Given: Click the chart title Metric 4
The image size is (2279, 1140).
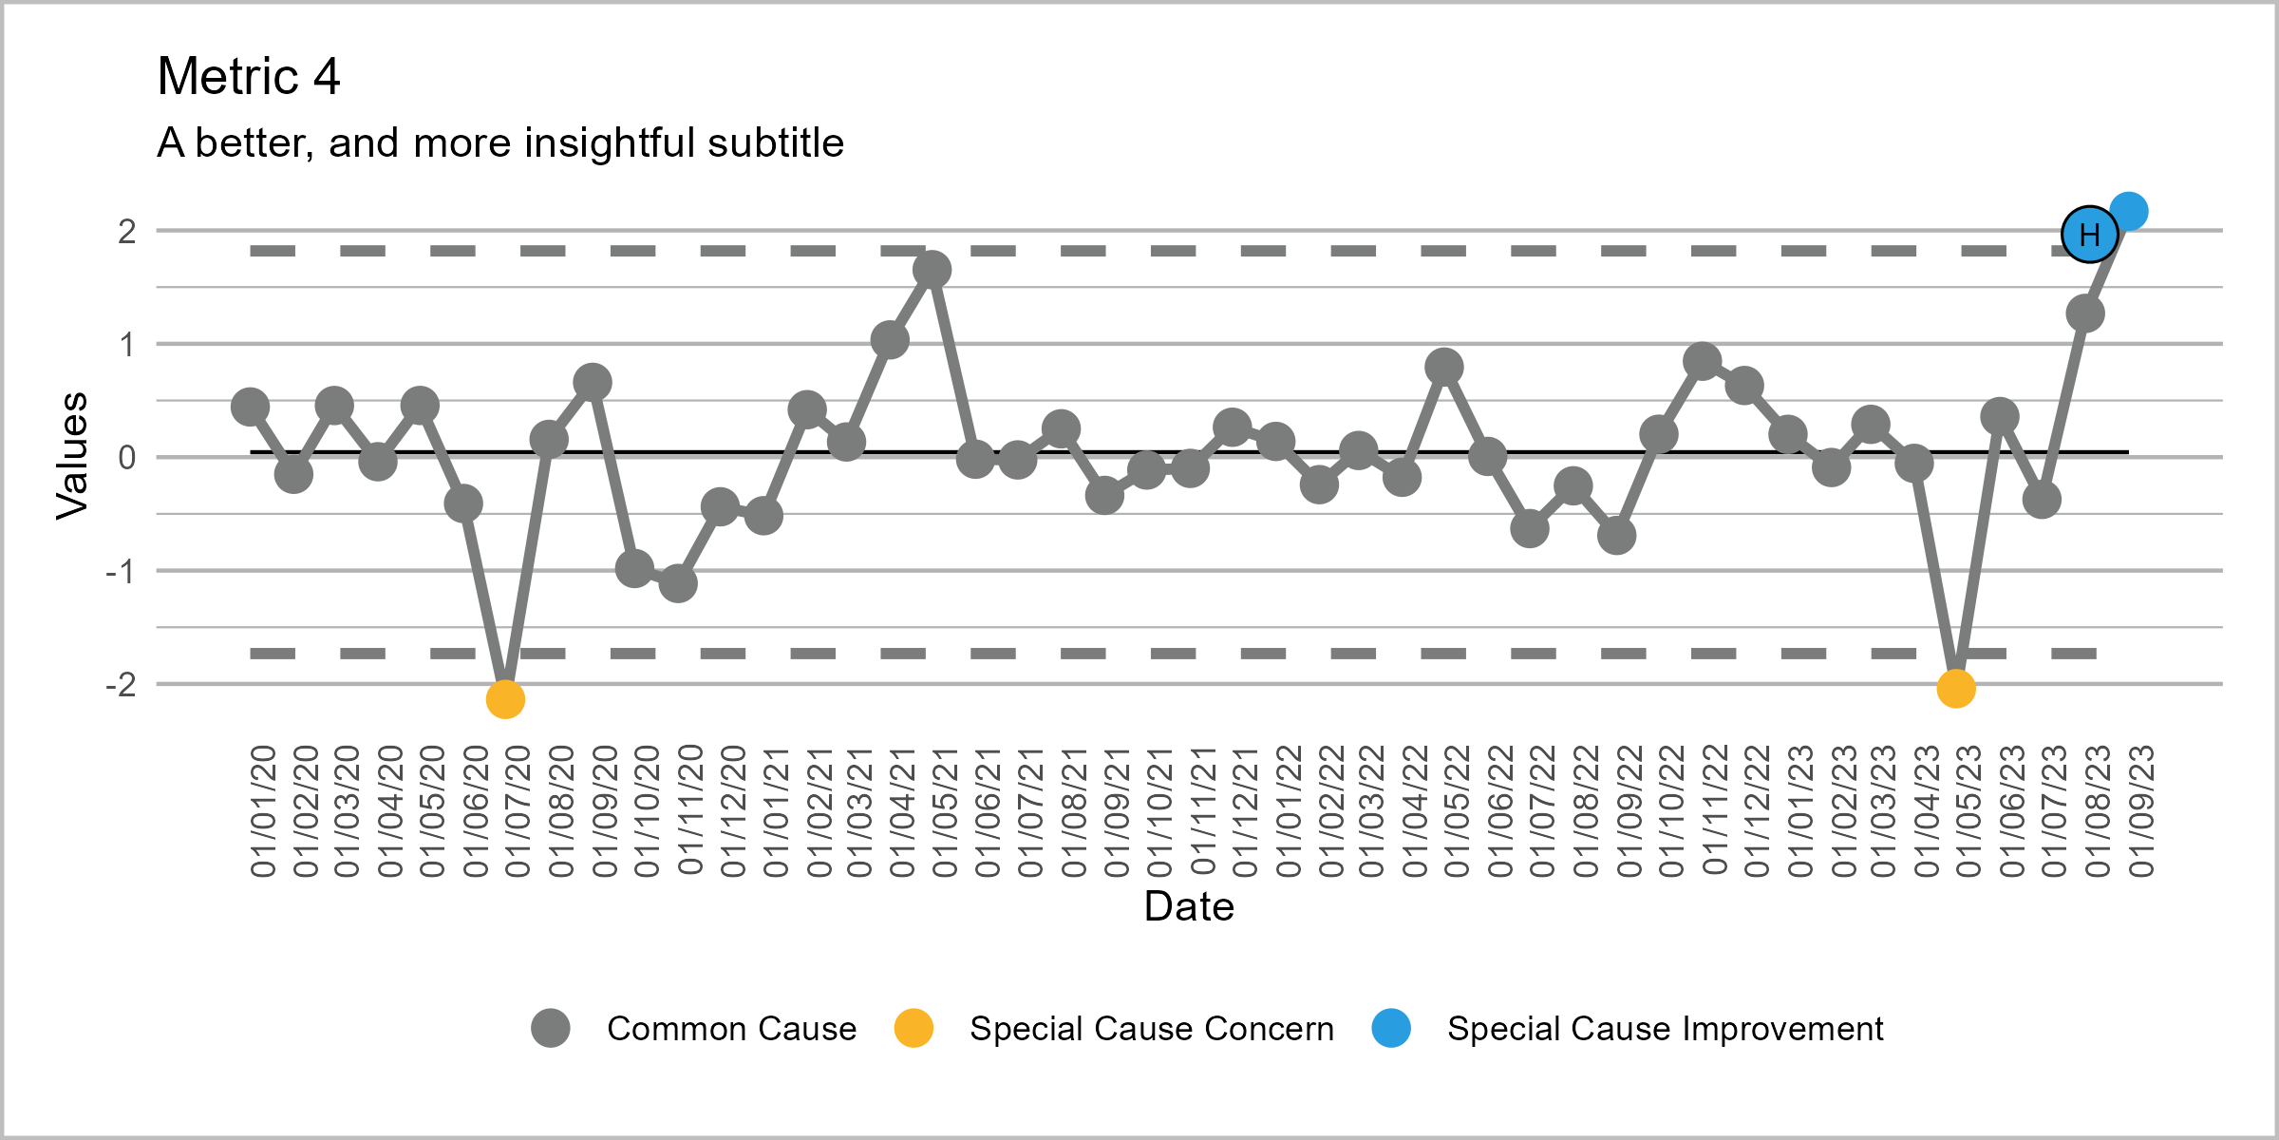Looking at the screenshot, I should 249,76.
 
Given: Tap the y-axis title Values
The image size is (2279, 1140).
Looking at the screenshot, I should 72,456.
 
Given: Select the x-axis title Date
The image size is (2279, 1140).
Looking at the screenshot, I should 1189,906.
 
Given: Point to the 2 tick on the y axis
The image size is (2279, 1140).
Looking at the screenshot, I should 126,231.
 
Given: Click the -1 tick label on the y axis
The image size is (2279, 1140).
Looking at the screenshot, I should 121,571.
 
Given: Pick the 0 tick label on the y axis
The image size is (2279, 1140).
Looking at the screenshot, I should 126,458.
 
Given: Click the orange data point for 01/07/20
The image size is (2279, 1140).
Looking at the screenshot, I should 505,699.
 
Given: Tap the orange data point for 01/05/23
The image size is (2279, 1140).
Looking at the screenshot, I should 1956,689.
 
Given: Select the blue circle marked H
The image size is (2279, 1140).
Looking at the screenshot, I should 2089,235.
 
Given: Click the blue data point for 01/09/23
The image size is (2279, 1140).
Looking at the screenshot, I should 2129,211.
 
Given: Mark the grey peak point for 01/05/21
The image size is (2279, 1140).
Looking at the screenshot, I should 932,270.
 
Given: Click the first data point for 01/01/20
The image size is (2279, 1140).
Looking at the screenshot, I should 250,407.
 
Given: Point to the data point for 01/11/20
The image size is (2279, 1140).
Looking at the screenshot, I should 678,583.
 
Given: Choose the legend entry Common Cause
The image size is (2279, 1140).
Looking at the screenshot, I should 731,1029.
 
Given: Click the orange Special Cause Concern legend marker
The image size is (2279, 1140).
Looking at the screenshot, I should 913,1028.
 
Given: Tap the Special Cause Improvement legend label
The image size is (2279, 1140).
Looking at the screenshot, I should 1665,1029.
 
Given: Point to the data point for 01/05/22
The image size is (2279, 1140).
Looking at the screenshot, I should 1443,367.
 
